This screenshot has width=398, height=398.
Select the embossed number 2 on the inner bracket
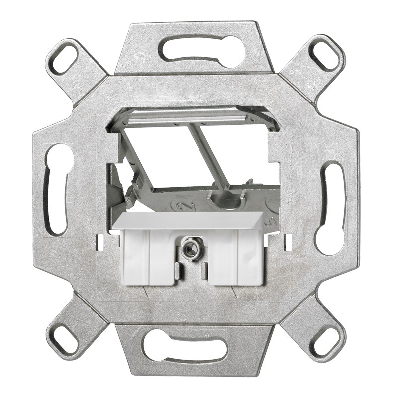pyautogui.click(x=182, y=204)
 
